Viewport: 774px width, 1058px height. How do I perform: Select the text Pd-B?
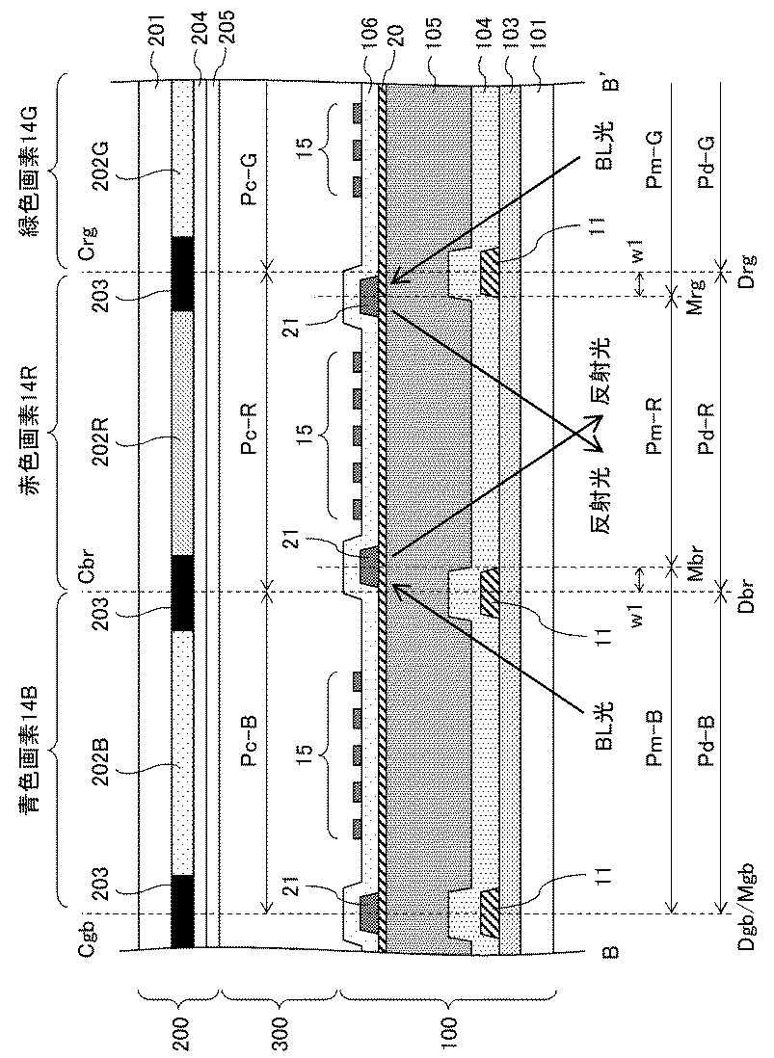(706, 738)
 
